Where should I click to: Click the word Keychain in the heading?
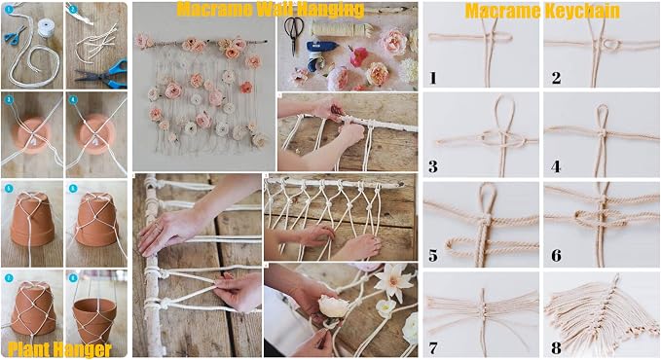[581, 12]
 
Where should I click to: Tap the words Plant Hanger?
[59, 350]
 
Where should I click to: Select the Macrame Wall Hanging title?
[271, 9]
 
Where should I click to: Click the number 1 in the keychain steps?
[433, 78]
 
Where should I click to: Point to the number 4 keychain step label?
[556, 167]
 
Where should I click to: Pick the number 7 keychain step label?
[433, 348]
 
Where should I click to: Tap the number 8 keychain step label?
[556, 348]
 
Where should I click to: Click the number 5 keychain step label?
[433, 256]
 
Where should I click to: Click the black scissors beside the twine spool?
[292, 35]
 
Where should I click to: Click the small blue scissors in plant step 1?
[15, 35]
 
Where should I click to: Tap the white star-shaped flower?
[391, 280]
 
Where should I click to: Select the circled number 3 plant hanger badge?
[9, 100]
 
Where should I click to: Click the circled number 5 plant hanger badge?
[9, 189]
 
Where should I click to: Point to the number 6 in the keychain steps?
[556, 256]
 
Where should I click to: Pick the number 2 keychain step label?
[556, 78]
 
